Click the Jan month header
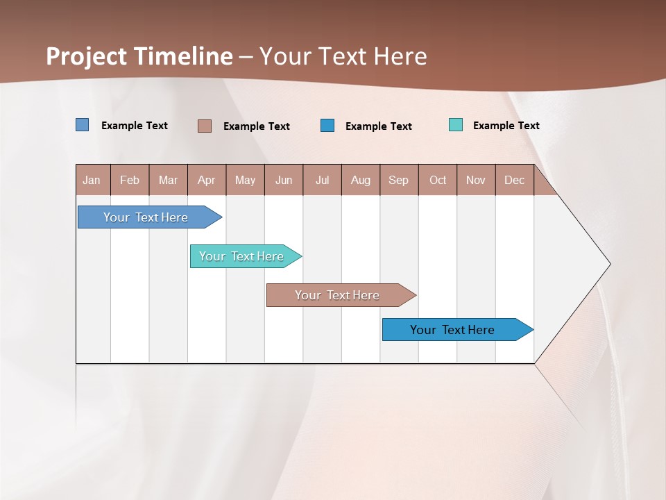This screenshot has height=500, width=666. point(92,180)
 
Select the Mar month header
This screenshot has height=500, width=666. point(168,180)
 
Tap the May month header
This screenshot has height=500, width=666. point(245,180)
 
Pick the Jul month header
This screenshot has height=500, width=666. point(322,180)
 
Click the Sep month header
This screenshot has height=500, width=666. point(399,180)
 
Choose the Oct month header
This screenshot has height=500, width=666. point(438,180)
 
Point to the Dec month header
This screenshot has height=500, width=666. point(514,180)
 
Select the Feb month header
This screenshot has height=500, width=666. point(130,180)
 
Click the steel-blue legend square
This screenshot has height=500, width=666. point(83,125)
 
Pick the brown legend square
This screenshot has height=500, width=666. point(205,126)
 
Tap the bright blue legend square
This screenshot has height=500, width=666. point(327,126)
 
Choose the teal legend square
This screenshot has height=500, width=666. point(456,125)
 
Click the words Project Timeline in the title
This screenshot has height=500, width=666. point(139,56)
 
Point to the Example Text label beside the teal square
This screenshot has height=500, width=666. point(506,126)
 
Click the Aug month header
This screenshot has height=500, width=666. point(361,180)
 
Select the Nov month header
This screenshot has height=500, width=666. point(476,180)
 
